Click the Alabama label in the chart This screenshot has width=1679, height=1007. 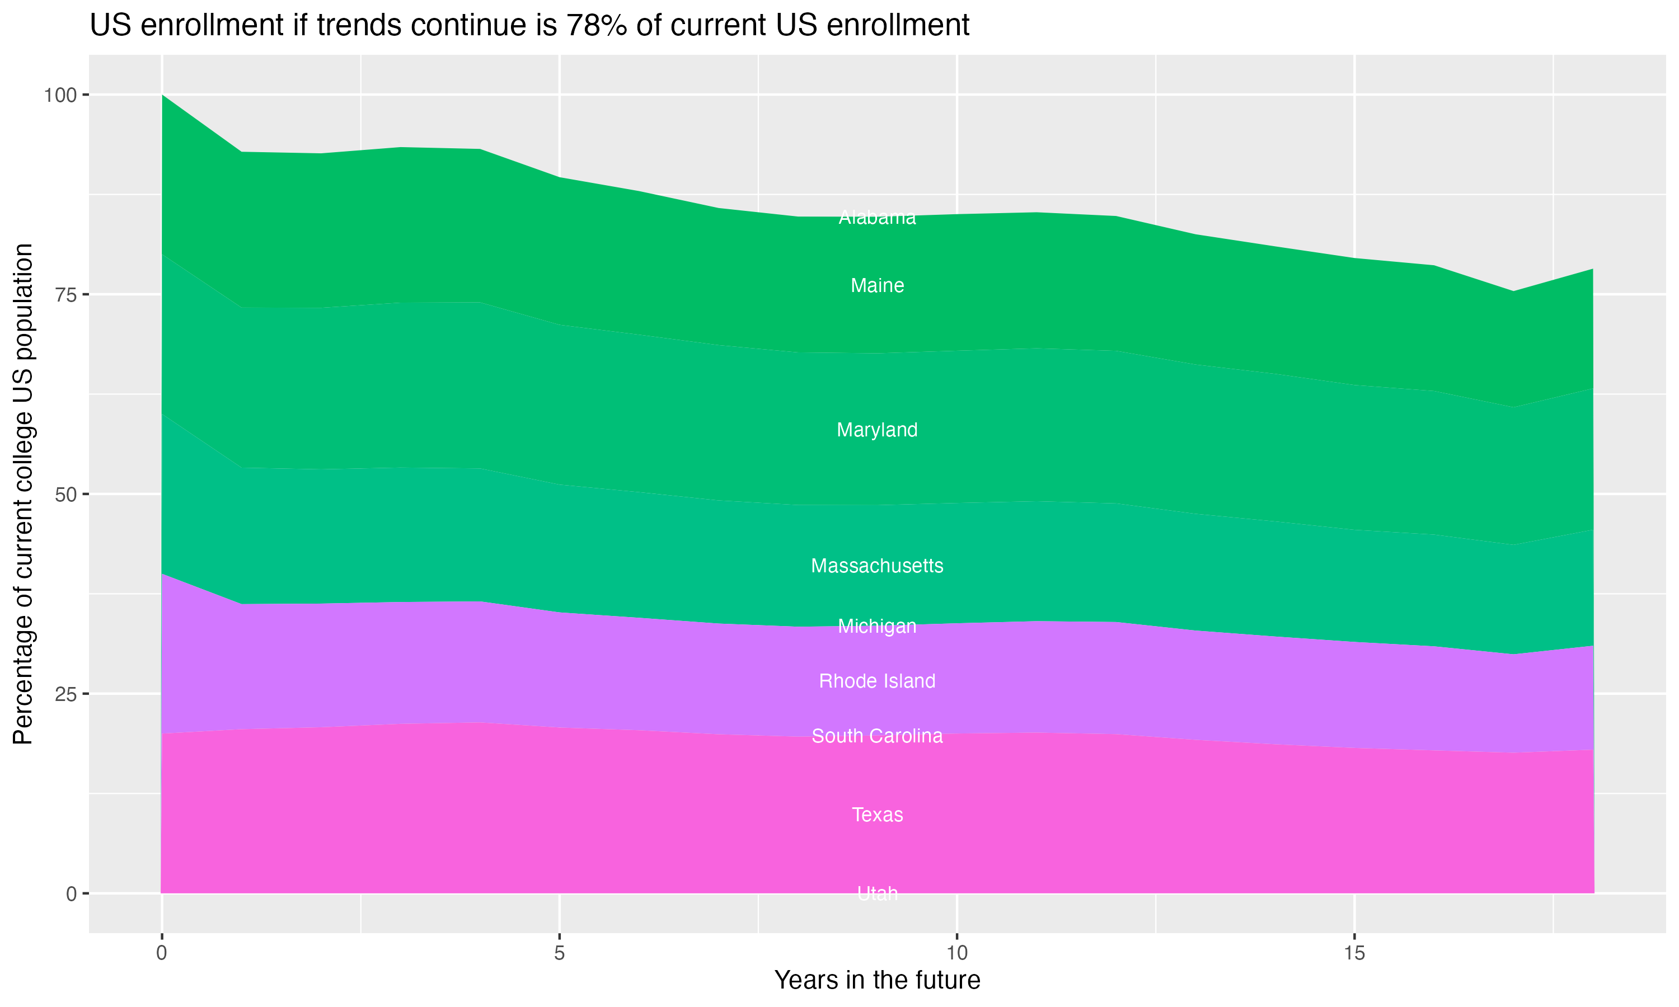click(x=877, y=218)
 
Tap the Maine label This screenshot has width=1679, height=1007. click(x=877, y=286)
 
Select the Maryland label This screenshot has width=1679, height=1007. click(x=877, y=430)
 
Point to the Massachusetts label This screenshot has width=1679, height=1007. click(x=877, y=566)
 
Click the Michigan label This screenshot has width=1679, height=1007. click(x=877, y=627)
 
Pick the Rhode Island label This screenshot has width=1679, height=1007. click(x=877, y=681)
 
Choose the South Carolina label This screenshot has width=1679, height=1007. click(x=877, y=736)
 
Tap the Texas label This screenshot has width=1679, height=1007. click(x=877, y=815)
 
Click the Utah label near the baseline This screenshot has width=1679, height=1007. click(x=877, y=893)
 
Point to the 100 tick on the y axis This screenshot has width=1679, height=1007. click(x=60, y=95)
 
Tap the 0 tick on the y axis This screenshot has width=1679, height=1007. click(x=71, y=893)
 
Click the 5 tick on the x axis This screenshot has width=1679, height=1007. click(x=559, y=953)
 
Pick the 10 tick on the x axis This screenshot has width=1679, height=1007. click(x=956, y=953)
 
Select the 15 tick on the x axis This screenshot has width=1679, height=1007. click(x=1354, y=953)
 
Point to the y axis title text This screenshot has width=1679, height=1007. click(x=23, y=494)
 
